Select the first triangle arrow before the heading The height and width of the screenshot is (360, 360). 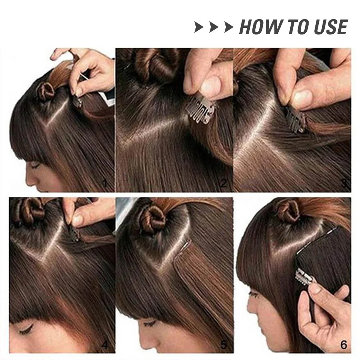(x=199, y=27)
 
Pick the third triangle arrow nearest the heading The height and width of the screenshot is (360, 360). (x=228, y=27)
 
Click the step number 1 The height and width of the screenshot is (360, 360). (x=105, y=183)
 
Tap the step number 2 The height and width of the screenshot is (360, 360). (x=223, y=183)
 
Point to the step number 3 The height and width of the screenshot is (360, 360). (x=344, y=183)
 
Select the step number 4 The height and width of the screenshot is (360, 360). (x=105, y=345)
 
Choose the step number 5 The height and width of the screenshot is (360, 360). (x=223, y=345)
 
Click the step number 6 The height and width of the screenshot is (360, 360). (x=344, y=345)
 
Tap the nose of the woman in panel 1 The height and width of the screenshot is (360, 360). (x=29, y=181)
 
